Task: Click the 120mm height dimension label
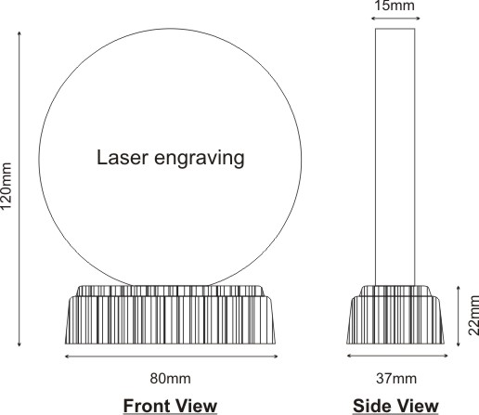(6, 186)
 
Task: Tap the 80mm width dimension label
(171, 379)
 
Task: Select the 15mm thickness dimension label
(395, 6)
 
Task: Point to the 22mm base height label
(473, 316)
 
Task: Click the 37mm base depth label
(396, 379)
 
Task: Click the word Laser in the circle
(123, 157)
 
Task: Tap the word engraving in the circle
(200, 159)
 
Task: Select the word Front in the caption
(146, 406)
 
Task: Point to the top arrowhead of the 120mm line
(19, 33)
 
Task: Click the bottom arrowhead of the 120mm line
(19, 344)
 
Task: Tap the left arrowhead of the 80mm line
(67, 357)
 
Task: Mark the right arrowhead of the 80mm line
(276, 357)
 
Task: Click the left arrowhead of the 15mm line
(374, 19)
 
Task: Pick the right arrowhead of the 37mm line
(446, 356)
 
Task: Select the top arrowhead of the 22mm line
(459, 289)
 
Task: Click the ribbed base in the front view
(170, 315)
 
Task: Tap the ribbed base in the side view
(395, 315)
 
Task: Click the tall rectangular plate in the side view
(395, 157)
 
